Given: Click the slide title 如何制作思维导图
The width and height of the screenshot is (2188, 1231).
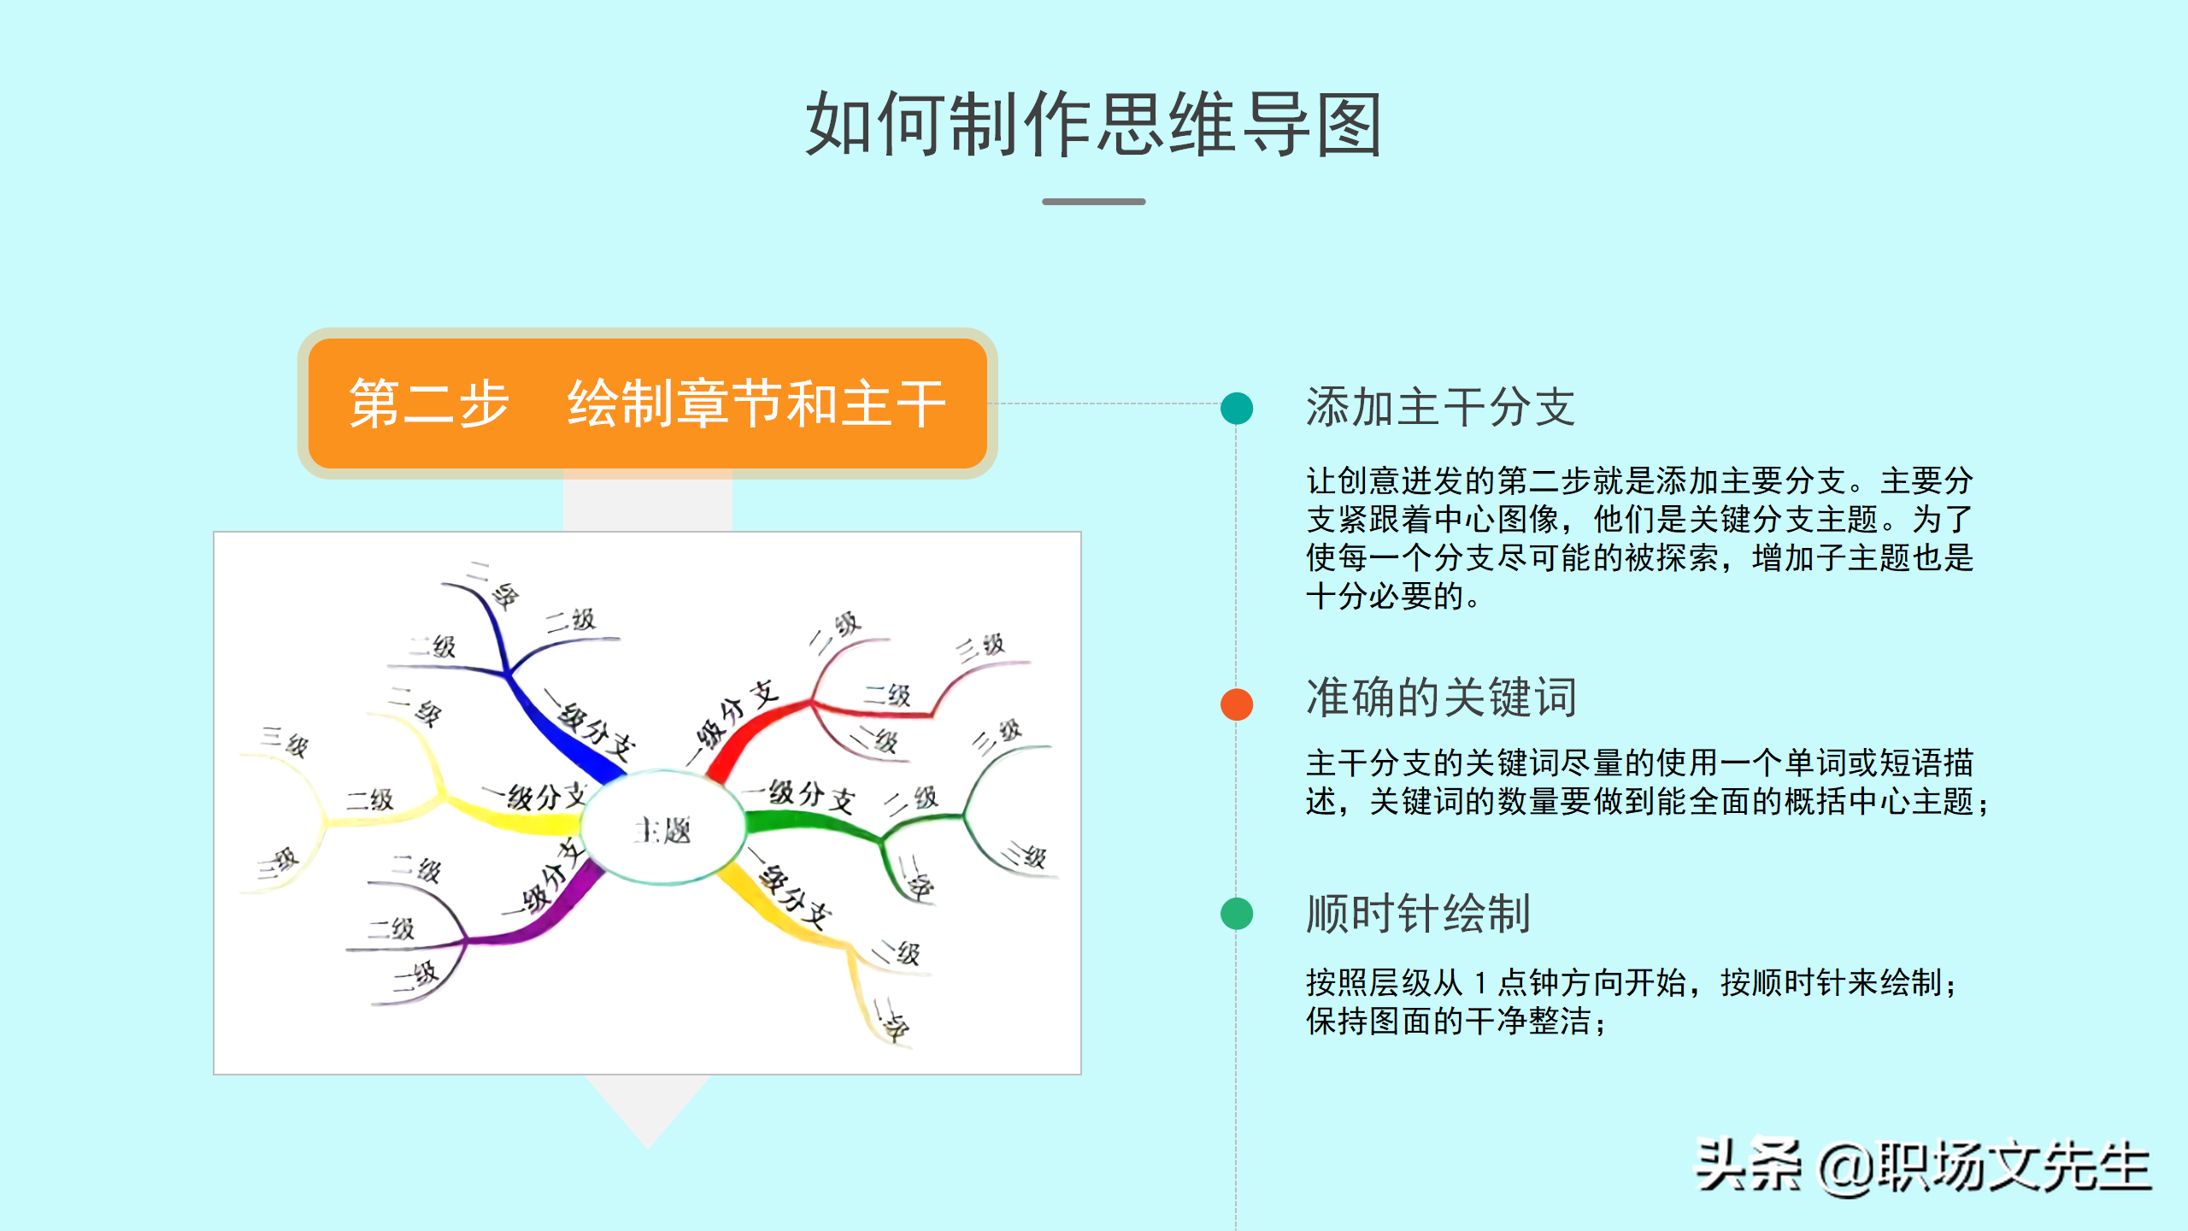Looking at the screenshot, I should [x=1093, y=125].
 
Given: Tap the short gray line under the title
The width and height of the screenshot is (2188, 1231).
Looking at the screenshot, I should [x=1093, y=202].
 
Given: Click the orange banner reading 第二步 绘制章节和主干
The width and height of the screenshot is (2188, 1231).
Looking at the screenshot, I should [x=647, y=403].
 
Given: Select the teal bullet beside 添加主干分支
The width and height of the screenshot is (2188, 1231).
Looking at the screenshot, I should [x=1237, y=408].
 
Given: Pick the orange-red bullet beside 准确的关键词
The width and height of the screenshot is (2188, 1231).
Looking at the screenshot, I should [x=1237, y=704].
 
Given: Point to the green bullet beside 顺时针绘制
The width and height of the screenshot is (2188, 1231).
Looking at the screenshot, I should [x=1237, y=914].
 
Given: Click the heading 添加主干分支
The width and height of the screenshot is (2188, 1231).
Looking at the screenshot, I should [x=1440, y=407].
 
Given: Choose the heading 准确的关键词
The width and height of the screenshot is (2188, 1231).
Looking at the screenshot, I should [x=1441, y=698].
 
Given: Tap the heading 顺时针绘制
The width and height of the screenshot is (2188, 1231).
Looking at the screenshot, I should [x=1418, y=914].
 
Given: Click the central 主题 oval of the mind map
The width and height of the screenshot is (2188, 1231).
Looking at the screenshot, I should [x=663, y=828].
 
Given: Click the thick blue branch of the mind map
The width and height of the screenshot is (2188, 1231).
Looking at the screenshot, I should [x=564, y=735].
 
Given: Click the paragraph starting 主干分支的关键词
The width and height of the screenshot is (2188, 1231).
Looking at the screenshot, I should [x=1646, y=782].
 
